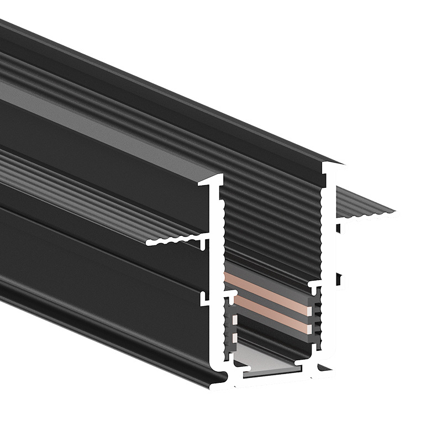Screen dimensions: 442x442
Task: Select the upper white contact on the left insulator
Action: click(x=235, y=319)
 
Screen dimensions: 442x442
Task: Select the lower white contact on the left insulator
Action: click(x=235, y=337)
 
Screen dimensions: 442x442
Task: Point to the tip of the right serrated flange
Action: click(x=393, y=211)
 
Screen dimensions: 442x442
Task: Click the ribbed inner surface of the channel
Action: click(x=271, y=221)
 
